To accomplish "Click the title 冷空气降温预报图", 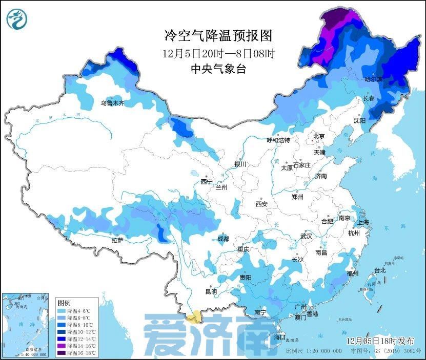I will [218, 35].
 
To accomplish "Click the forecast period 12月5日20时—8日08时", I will [218, 53].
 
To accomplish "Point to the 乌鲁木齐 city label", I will [112, 103].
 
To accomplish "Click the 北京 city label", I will [319, 136].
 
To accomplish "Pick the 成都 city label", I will [224, 238].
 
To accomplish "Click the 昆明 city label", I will [211, 291].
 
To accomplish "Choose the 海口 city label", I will [280, 337].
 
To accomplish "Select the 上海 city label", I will [363, 222].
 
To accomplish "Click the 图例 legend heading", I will [64, 302].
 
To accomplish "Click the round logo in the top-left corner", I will [16, 19].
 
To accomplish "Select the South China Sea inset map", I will [25, 325].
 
